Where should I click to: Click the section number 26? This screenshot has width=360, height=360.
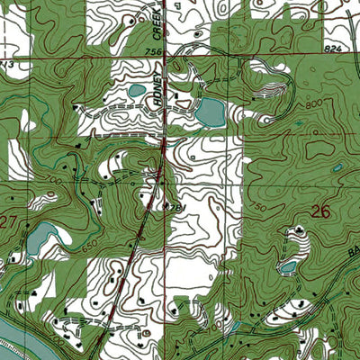pyautogui.click(x=320, y=212)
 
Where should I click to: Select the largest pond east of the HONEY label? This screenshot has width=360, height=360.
pyautogui.click(x=209, y=112)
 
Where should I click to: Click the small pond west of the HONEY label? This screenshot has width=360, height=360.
pyautogui.click(x=136, y=90)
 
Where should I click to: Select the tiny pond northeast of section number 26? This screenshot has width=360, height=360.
pyautogui.click(x=337, y=167)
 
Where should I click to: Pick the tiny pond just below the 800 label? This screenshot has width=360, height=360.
pyautogui.click(x=300, y=123)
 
